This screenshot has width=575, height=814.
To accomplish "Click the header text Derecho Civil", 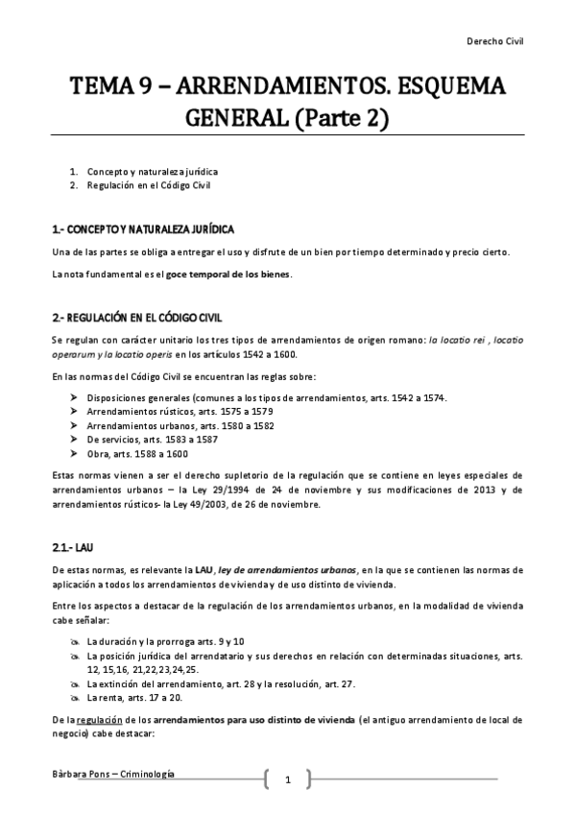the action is tap(495, 42).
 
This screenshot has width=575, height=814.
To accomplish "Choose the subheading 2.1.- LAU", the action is tap(73, 546).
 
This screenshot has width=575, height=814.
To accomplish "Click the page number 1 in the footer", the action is tap(287, 779).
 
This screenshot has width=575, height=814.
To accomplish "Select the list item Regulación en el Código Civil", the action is tap(147, 184).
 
